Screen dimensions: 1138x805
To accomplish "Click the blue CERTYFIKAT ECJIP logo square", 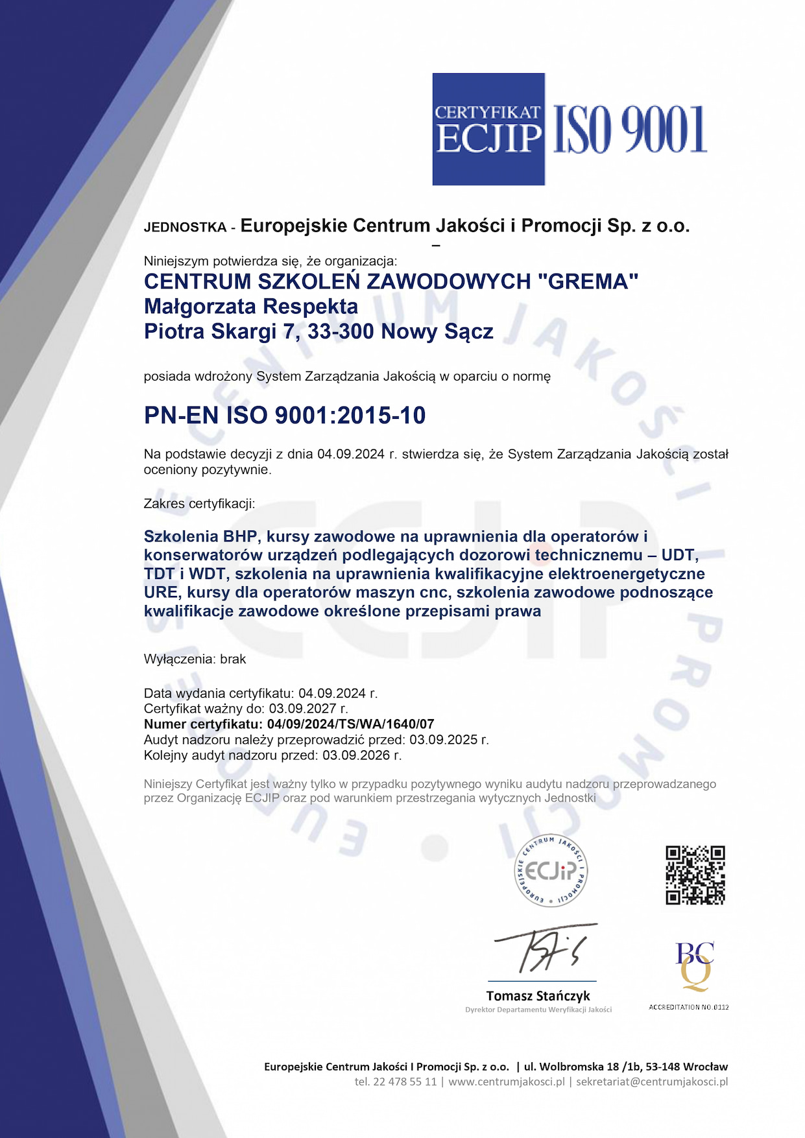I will tap(488, 129).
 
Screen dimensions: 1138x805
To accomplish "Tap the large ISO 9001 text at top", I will tap(629, 130).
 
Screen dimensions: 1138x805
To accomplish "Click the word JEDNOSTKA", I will tap(185, 228).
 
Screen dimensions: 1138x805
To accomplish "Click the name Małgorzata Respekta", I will tap(251, 306).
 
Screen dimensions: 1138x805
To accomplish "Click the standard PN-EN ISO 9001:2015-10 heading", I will tap(285, 415).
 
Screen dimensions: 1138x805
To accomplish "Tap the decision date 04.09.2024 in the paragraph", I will tap(351, 454).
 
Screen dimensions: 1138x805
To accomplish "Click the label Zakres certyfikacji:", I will tap(199, 503).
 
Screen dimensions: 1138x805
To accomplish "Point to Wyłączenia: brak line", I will tap(195, 659).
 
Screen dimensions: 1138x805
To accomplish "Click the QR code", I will tap(695, 875).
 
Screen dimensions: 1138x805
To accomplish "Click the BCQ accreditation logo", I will tap(694, 966).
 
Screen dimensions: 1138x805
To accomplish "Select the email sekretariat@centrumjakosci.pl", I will tap(652, 1082).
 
